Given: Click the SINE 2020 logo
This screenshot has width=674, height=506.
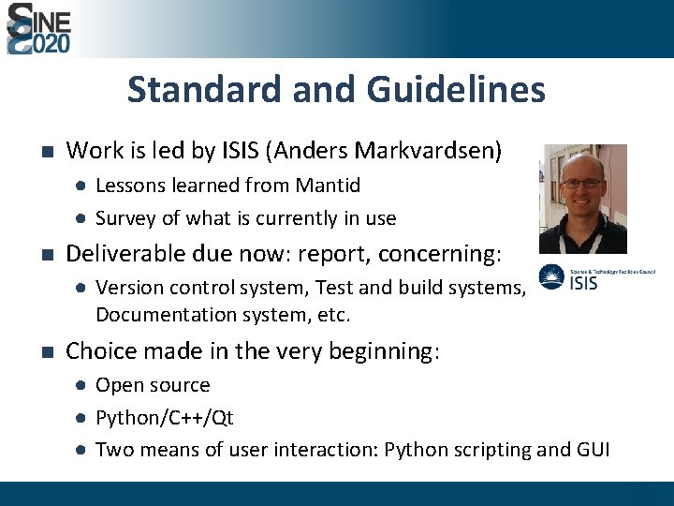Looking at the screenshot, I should pos(38,28).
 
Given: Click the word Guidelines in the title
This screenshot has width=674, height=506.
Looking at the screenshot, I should pos(456,90).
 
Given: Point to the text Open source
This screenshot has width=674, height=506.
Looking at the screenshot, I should pos(153,385).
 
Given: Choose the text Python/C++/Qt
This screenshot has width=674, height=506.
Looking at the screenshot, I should pos(165,418).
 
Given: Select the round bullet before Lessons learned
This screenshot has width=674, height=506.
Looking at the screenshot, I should pos(81,186).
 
